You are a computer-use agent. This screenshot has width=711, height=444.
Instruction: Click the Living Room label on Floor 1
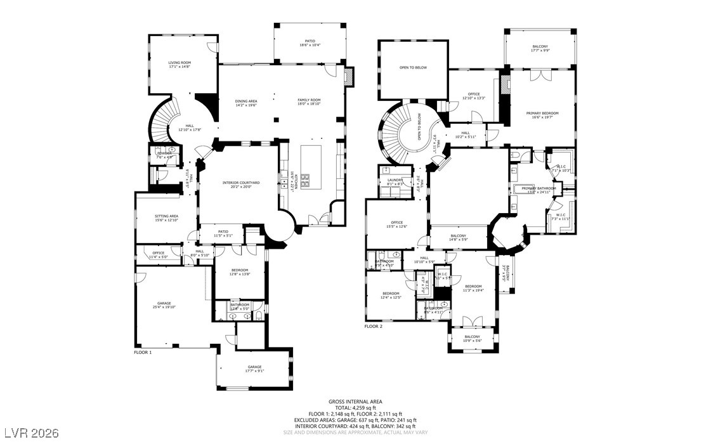[x=179, y=65]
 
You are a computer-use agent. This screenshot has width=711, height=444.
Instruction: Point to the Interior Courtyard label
[x=237, y=185]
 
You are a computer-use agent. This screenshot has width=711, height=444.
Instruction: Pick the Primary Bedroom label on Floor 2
[x=542, y=115]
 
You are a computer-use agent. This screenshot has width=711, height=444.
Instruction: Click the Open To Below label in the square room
[x=413, y=67]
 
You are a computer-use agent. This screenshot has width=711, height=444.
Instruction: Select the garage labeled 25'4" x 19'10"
[x=169, y=305]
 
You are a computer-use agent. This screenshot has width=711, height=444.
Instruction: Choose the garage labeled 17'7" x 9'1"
[x=254, y=369]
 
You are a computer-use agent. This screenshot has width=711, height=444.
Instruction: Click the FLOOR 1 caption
[x=143, y=352]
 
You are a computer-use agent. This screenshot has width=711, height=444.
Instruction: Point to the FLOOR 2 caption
[x=374, y=327]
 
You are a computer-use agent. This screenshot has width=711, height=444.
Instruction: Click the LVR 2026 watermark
[x=30, y=433]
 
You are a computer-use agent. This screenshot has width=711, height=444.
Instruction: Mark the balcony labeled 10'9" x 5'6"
[x=472, y=339]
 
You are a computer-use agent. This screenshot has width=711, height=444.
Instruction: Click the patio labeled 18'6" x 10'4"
[x=311, y=43]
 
